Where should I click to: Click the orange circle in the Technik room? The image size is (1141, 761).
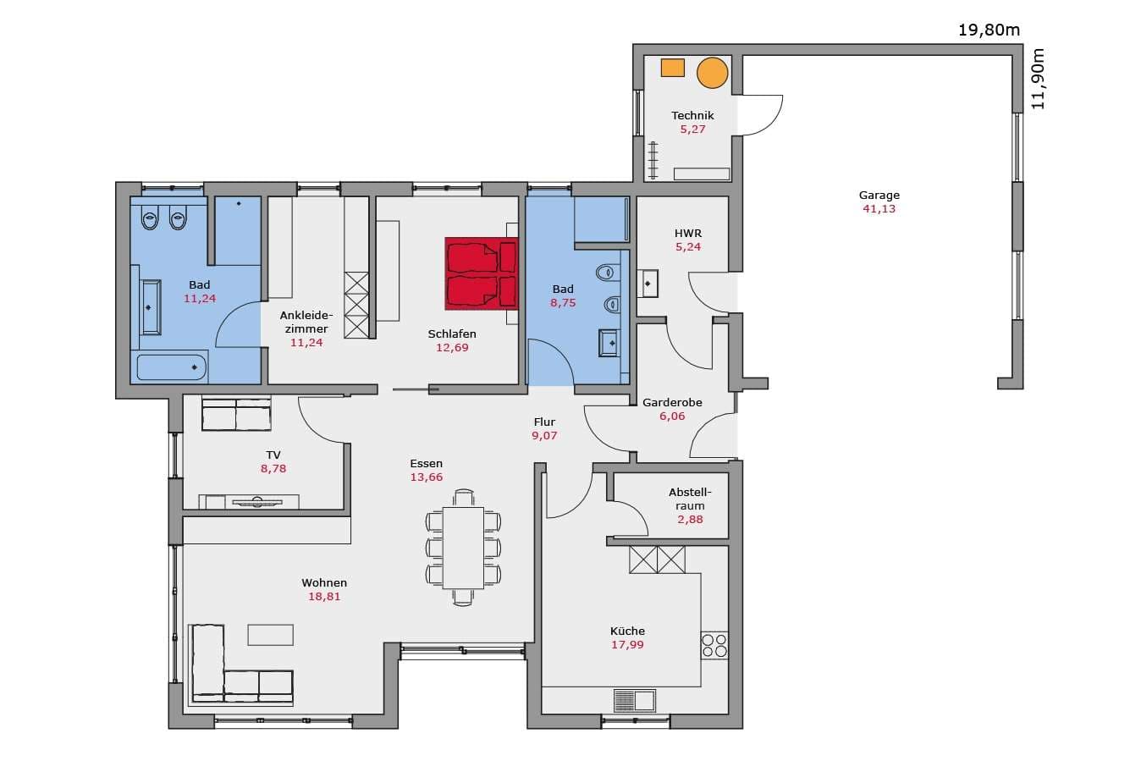point(712,73)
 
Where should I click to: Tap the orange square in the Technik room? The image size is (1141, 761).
point(672,68)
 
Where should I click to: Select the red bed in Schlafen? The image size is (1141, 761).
point(482,273)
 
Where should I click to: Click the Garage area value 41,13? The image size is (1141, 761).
point(879,209)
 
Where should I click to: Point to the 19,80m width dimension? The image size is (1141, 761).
point(989,30)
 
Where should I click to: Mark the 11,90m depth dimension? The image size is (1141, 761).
point(1038,79)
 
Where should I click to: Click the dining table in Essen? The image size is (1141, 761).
point(463,548)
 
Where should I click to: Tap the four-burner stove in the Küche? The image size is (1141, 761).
point(714,645)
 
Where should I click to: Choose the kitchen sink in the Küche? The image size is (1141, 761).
point(635,700)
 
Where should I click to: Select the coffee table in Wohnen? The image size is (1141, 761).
point(271,635)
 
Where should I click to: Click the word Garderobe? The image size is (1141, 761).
point(672,402)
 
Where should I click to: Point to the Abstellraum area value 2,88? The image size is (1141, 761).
point(690,520)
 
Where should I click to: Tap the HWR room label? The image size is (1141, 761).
point(688,234)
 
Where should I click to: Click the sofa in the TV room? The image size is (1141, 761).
point(236,414)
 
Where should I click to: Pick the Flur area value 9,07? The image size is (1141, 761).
point(544,435)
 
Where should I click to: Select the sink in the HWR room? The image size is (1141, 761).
point(648,284)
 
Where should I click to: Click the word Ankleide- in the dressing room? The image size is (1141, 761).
point(306,316)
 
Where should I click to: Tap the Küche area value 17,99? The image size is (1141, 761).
point(627,645)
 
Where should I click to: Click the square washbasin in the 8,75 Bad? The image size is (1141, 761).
point(609,343)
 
